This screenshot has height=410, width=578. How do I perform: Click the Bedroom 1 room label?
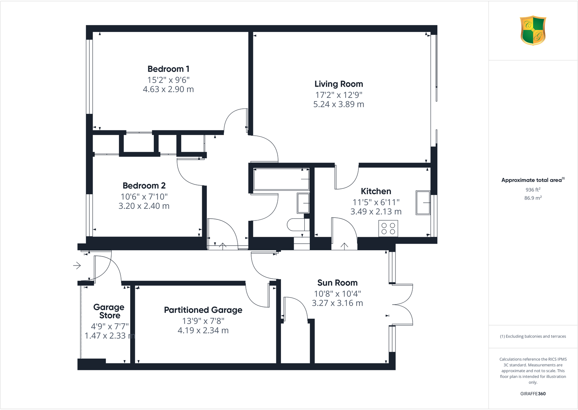pos(168,69)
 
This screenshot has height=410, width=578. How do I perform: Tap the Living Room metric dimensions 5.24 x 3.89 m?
pos(338,104)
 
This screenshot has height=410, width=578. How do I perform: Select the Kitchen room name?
pos(376,191)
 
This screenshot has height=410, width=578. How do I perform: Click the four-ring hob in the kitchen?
pos(388,228)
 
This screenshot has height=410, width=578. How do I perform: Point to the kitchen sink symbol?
pos(423,203)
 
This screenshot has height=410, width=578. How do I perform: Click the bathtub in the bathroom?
pos(281,179)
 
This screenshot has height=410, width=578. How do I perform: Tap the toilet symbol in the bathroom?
pos(296,225)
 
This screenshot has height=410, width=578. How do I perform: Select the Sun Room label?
pos(337,283)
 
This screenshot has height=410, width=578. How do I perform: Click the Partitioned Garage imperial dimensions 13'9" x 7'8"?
pos(203,321)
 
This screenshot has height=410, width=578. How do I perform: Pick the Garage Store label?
pos(109,311)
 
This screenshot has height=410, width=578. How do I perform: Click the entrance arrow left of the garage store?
pos(77,266)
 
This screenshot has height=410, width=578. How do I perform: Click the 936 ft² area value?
pos(533,190)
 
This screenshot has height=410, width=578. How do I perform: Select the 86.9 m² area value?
pos(533,198)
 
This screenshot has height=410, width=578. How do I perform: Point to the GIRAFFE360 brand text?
pos(533,394)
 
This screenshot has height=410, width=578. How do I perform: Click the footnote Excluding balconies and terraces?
pos(533,337)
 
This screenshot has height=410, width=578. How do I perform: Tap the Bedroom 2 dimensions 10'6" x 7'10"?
pos(144,197)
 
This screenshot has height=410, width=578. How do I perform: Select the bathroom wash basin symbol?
pos(303,203)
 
